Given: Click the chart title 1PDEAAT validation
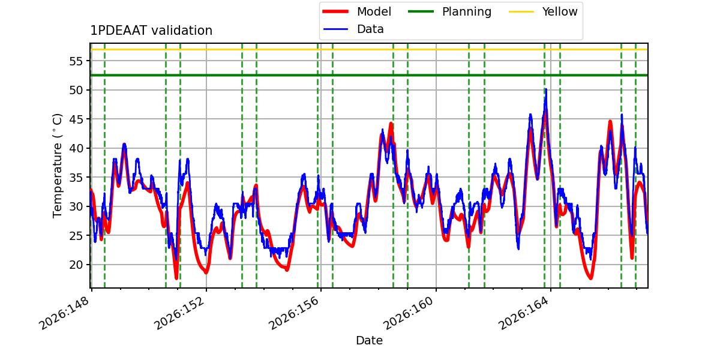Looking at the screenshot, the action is click(151, 31).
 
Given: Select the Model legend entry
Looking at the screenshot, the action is click(357, 11).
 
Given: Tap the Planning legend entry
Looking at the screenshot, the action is click(449, 11).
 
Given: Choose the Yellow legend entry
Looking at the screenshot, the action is click(543, 11).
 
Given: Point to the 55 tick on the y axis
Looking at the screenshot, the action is click(76, 61).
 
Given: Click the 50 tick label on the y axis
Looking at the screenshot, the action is click(76, 90).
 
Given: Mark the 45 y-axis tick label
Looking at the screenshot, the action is click(76, 119).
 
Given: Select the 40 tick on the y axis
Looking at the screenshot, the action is click(76, 148).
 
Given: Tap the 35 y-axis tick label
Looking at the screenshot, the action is click(76, 178).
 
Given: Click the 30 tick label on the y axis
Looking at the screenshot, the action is click(76, 206).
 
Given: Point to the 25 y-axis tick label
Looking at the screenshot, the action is click(76, 236).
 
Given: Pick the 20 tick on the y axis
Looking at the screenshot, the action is click(76, 265).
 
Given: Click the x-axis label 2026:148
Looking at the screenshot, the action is click(64, 313).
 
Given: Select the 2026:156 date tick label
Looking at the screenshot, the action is click(294, 313).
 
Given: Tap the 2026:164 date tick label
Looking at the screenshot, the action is click(524, 313).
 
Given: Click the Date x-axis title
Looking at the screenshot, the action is click(369, 340).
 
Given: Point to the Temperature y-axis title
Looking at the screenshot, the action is click(57, 166).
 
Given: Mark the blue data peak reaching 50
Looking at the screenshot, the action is click(546, 90).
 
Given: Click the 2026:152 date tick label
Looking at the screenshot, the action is click(179, 313).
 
